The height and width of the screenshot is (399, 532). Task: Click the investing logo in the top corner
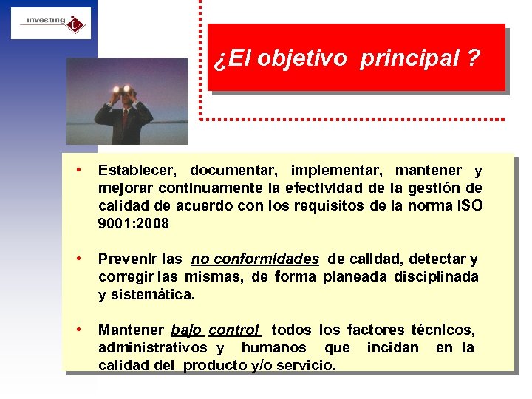tap(51, 23)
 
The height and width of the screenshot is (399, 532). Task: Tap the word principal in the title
tap(410, 59)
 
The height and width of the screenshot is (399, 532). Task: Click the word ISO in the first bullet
tap(469, 205)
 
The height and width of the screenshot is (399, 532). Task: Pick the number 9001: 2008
tap(134, 223)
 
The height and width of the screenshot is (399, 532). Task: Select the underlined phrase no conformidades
tap(255, 259)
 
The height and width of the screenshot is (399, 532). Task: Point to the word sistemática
tap(153, 295)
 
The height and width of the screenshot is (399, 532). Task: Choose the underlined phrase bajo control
tap(215, 330)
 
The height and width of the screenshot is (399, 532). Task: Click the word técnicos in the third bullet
tap(443, 330)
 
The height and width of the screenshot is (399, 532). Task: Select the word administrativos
tap(152, 347)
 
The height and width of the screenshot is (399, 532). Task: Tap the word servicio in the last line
tap(306, 365)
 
